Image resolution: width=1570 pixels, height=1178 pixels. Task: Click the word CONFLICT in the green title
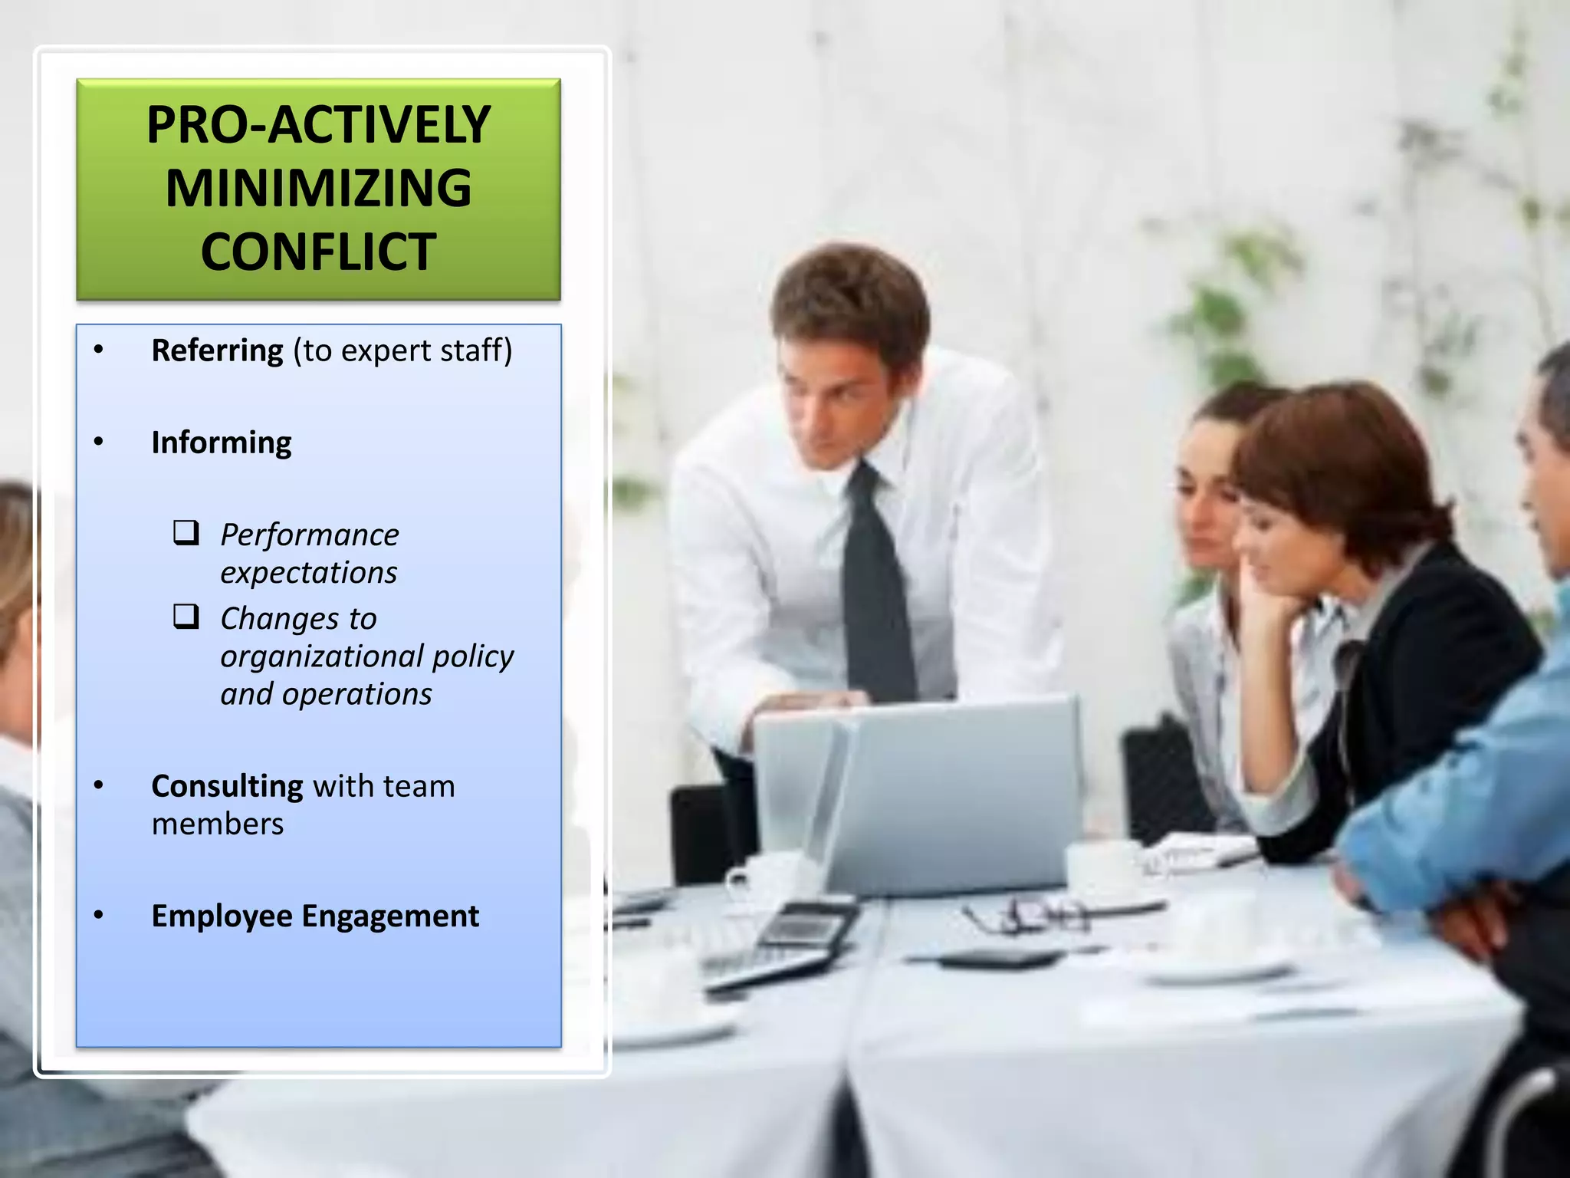[318, 252]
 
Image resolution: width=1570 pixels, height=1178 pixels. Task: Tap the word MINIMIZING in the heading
[318, 189]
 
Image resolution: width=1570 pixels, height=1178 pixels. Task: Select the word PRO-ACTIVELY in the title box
[318, 124]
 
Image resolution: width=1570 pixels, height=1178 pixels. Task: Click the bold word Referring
[217, 350]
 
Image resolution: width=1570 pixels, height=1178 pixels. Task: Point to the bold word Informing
[222, 443]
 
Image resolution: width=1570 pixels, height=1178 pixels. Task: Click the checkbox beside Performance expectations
[186, 532]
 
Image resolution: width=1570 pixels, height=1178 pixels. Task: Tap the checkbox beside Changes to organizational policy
[186, 617]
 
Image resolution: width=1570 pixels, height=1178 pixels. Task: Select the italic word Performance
[310, 535]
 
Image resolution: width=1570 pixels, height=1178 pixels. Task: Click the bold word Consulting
[227, 786]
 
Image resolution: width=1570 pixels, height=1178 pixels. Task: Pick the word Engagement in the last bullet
[390, 916]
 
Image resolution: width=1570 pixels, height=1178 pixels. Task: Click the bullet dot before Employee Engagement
[98, 915]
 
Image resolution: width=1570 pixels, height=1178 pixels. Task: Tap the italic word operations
[356, 694]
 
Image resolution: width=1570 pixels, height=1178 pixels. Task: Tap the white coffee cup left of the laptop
[767, 878]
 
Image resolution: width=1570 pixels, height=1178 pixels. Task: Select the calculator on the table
[805, 928]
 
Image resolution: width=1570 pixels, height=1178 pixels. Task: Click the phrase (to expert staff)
[402, 350]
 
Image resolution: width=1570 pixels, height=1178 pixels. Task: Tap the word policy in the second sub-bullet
[473, 656]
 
